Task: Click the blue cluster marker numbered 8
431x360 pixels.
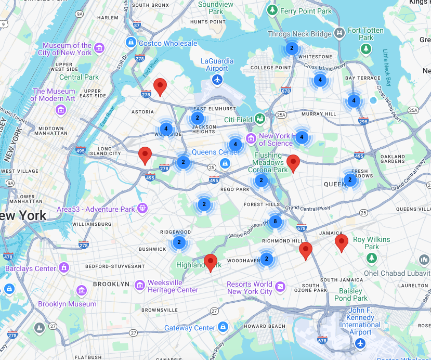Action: click(x=275, y=222)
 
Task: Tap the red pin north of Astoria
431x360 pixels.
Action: click(x=161, y=86)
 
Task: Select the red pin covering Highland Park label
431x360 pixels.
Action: click(x=211, y=263)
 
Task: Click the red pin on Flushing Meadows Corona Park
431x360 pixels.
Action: click(x=293, y=163)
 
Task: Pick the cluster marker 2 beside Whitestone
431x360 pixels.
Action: click(x=292, y=48)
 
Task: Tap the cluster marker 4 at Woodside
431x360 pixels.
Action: click(x=166, y=128)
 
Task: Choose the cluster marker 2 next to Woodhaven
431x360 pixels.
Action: click(x=266, y=259)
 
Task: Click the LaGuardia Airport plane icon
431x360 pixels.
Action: click(x=217, y=80)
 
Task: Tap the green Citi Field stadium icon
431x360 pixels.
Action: click(x=259, y=119)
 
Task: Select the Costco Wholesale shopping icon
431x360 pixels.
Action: click(x=131, y=42)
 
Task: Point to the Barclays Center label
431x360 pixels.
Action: click(x=30, y=268)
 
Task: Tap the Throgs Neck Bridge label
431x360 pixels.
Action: click(x=299, y=34)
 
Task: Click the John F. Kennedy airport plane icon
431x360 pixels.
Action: click(x=360, y=343)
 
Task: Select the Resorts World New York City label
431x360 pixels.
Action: click(x=250, y=288)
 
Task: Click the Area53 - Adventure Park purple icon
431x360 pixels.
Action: click(x=142, y=209)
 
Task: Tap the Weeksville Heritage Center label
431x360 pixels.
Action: click(x=173, y=286)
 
